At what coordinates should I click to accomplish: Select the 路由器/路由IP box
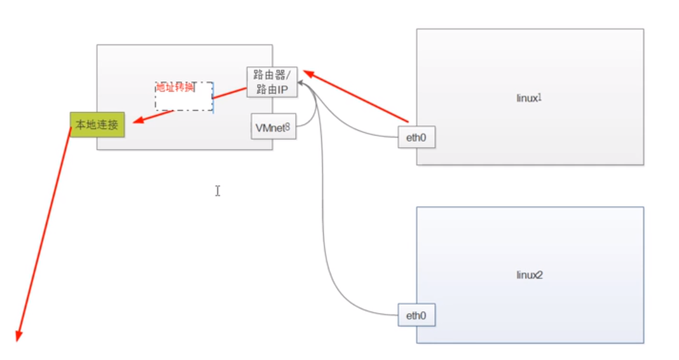pyautogui.click(x=271, y=82)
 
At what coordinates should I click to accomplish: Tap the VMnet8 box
pyautogui.click(x=273, y=127)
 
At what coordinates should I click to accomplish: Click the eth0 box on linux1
pyautogui.click(x=416, y=137)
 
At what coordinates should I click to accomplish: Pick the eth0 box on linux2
pyautogui.click(x=416, y=315)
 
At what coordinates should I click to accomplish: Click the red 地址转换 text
pyautogui.click(x=175, y=87)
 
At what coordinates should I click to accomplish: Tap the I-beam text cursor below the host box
pyautogui.click(x=217, y=190)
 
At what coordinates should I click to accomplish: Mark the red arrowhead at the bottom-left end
pyautogui.click(x=19, y=335)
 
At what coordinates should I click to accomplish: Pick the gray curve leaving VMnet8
pyautogui.click(x=313, y=114)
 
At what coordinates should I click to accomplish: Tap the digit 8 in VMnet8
pyautogui.click(x=287, y=127)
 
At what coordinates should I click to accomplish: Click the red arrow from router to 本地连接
pyautogui.click(x=191, y=105)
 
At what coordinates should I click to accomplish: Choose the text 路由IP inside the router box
pyautogui.click(x=272, y=89)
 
